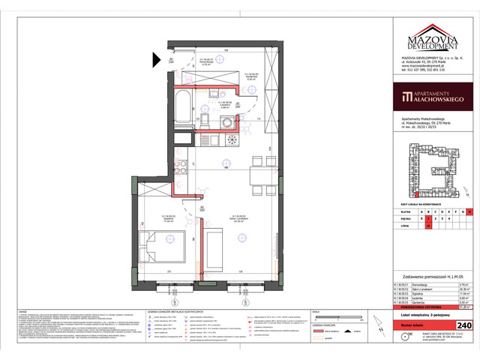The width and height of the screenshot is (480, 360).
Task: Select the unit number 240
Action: tap(464, 325)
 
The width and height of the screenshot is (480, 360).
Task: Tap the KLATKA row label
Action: tap(403, 211)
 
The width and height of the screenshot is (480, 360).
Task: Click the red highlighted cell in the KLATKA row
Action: tap(469, 211)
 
